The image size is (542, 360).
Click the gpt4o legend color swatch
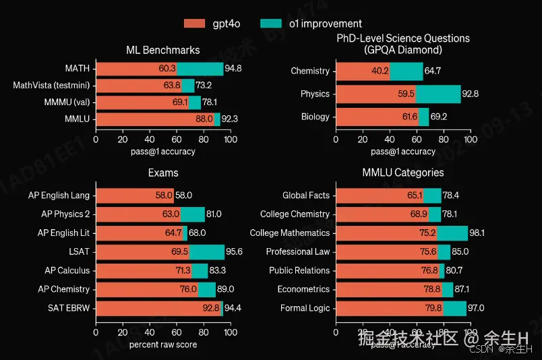click(x=194, y=24)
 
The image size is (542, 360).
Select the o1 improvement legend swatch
click(x=271, y=24)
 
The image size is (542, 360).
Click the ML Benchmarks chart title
click(x=163, y=50)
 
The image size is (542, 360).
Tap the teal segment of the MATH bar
click(x=200, y=69)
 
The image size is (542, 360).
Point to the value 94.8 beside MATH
click(x=234, y=69)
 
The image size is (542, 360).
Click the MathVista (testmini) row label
click(x=51, y=85)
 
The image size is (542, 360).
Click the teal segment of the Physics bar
click(x=438, y=94)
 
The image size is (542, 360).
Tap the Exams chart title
click(x=163, y=173)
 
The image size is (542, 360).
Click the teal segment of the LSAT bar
click(x=207, y=251)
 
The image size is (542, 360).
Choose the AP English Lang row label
click(x=59, y=196)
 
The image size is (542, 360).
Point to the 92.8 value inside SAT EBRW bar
click(x=212, y=308)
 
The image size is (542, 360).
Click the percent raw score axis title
click(x=163, y=344)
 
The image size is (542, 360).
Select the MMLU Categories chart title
click(x=403, y=173)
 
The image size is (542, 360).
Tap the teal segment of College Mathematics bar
click(x=452, y=233)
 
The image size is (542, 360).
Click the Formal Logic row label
click(x=305, y=308)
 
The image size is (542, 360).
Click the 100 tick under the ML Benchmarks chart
click(x=231, y=140)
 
